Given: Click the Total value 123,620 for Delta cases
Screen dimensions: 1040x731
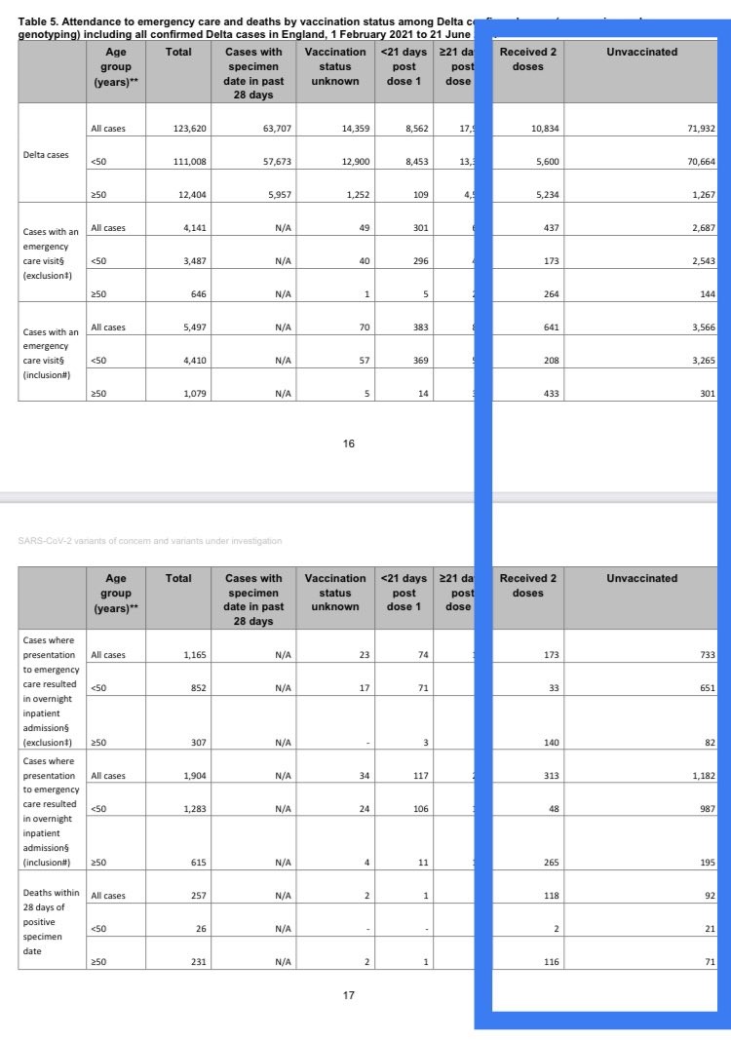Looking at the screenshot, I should coord(187,129).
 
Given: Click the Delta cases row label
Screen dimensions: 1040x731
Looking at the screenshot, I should coord(46,154).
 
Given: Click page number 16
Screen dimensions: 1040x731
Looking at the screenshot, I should coord(349,443).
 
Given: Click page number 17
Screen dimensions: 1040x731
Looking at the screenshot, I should coord(349,995).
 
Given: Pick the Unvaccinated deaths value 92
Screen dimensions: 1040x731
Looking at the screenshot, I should coord(710,895).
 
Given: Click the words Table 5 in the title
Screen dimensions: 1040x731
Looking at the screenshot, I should coord(40,21).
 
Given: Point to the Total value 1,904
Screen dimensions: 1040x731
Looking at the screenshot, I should coord(194,776).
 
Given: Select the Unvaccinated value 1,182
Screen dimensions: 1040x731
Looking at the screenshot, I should coord(703,776).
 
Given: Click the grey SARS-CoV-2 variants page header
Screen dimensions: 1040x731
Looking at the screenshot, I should coord(150,540).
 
